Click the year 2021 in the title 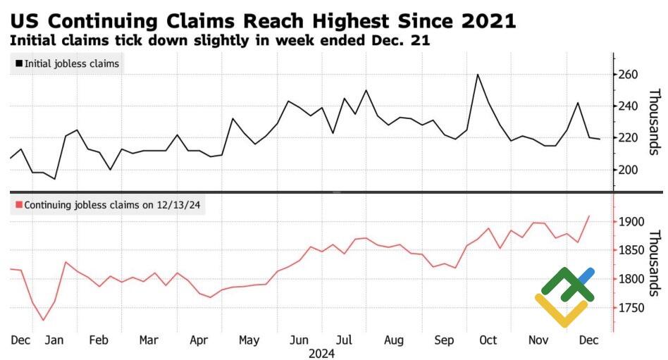coord(486,21)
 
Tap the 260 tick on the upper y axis coord(629,75)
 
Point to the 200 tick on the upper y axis coord(629,170)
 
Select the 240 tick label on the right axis coord(629,106)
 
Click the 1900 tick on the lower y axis coord(631,222)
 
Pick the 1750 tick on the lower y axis coord(631,308)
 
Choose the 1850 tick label coord(631,251)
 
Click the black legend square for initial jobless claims coord(18,64)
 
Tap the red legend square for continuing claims coord(18,205)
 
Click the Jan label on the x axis coord(54,340)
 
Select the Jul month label coord(345,340)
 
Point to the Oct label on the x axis coord(488,340)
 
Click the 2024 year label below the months coord(321,354)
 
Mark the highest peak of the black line coord(478,74)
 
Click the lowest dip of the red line coord(43,321)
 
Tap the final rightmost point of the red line coord(589,216)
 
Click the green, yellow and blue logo coord(564,296)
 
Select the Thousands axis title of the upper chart coord(653,122)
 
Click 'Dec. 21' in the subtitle coord(402,40)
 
